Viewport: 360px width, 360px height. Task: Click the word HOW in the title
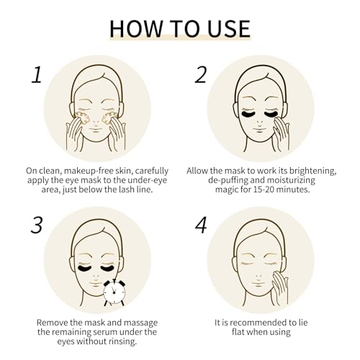136,29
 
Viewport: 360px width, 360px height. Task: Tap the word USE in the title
229,29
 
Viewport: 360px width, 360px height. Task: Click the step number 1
37,75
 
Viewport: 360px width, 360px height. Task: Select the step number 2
201,75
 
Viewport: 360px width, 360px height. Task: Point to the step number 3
37,225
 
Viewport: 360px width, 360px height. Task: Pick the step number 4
201,225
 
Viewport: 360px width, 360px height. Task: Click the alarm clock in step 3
114,292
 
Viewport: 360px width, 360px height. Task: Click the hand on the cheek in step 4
280,287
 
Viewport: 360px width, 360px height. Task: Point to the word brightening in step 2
312,171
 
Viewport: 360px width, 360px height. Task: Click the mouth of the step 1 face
96,130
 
